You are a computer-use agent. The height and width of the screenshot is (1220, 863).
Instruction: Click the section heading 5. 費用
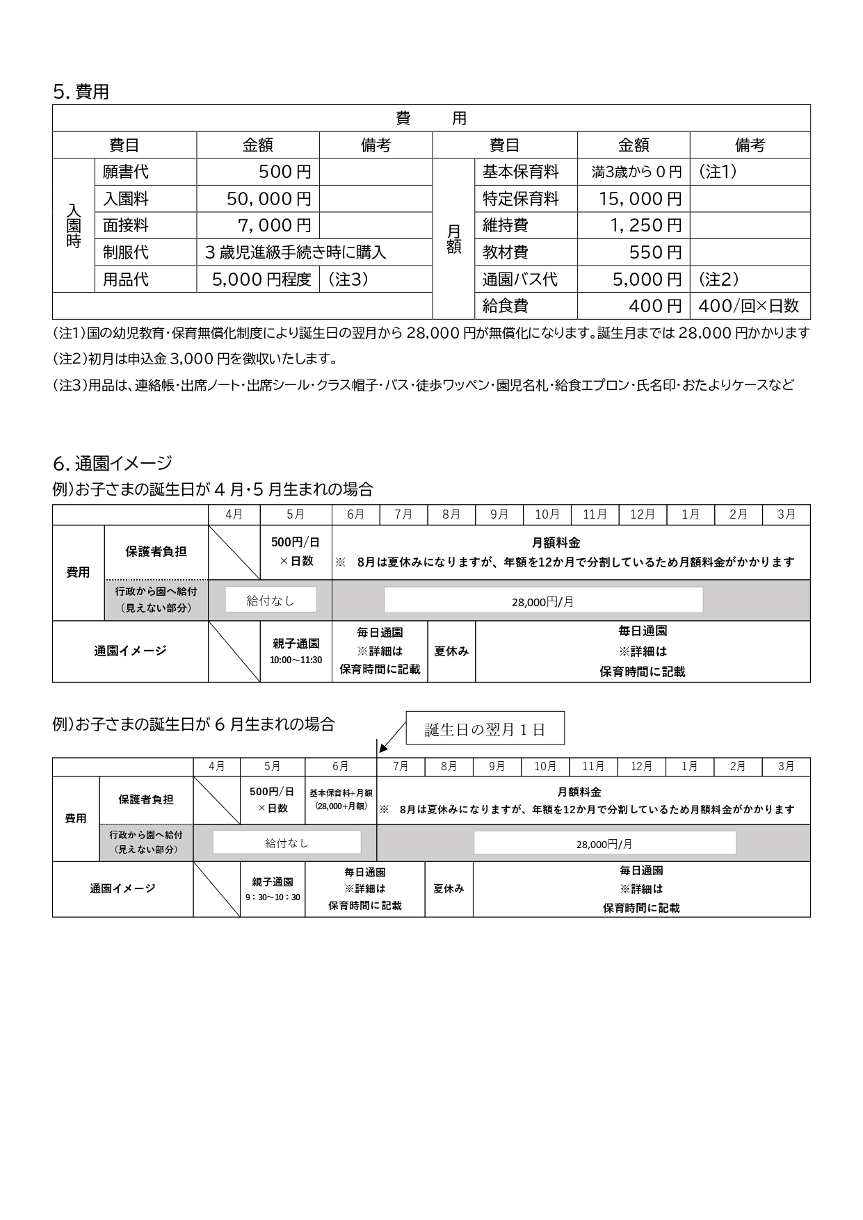81,92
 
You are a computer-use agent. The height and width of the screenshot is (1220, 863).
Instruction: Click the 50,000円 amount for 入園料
268,199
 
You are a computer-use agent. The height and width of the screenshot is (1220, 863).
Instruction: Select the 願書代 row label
126,172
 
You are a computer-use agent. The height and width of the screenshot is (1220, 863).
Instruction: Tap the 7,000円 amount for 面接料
274,226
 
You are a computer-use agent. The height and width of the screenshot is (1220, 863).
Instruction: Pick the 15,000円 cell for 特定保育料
640,199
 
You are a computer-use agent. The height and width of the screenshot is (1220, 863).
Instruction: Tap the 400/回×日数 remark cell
748,306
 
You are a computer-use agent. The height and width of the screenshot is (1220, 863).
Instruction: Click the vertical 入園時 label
74,226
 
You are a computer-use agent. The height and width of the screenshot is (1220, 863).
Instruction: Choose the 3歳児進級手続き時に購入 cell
296,252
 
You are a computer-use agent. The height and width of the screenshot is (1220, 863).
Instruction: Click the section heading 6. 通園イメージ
112,463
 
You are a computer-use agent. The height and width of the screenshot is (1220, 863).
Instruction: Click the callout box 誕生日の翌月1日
485,729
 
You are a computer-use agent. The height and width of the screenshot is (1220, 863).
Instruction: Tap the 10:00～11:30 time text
296,660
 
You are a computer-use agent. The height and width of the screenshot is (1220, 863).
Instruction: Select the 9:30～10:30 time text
273,897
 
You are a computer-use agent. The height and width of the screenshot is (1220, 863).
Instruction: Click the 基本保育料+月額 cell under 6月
341,799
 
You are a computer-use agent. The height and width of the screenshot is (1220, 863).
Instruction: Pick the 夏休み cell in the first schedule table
451,651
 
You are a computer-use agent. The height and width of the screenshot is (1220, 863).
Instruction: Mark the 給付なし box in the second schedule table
287,843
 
